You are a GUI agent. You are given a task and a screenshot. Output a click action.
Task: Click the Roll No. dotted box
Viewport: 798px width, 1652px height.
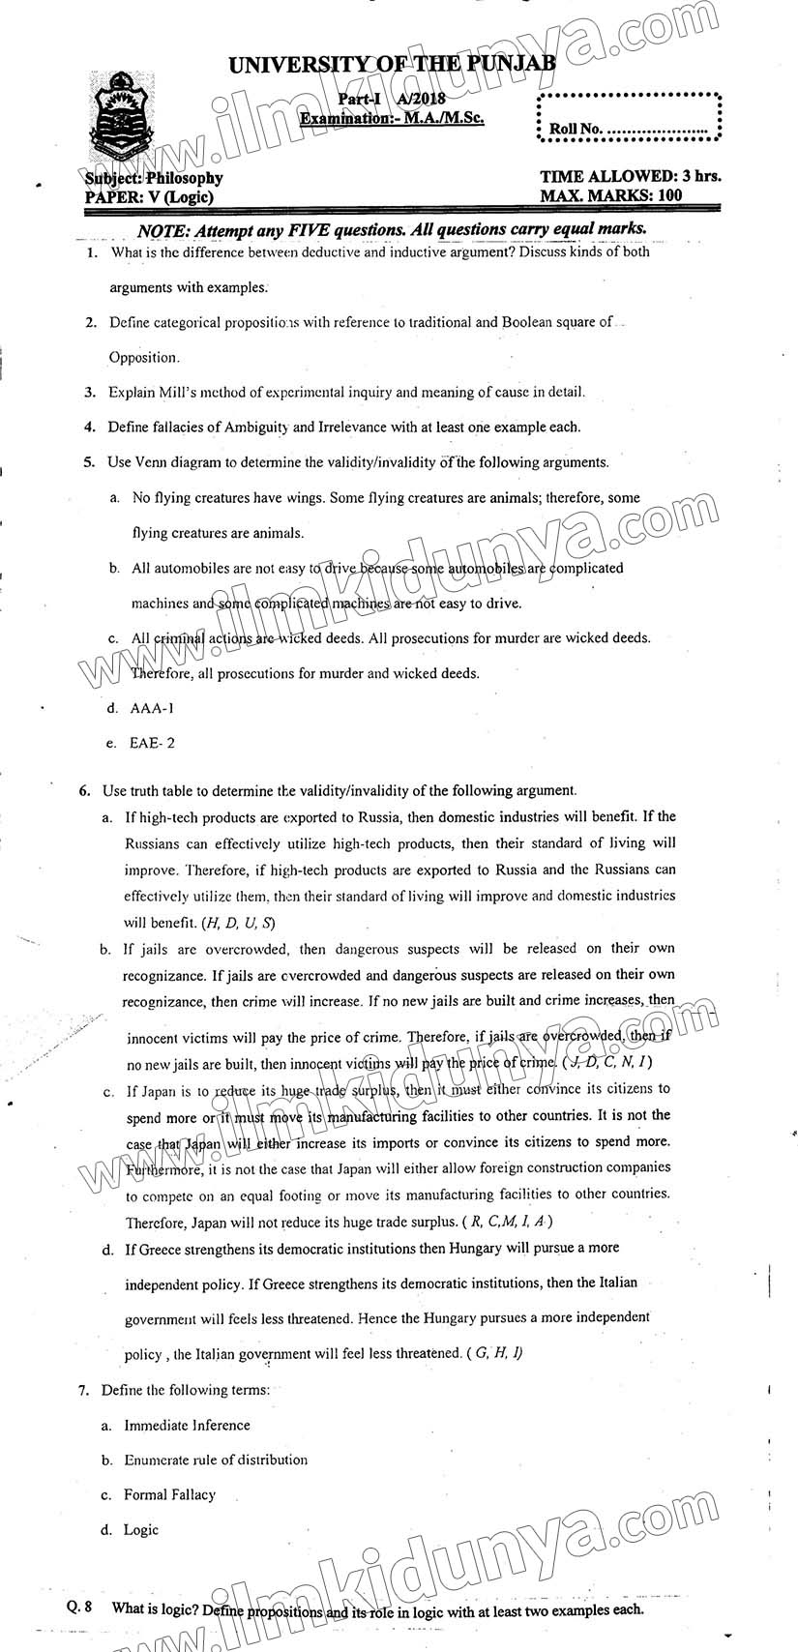click(x=629, y=118)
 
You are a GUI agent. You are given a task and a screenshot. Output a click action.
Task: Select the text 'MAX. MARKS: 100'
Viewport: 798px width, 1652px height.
click(x=611, y=195)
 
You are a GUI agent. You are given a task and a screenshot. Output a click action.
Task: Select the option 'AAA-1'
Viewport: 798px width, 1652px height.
click(x=153, y=708)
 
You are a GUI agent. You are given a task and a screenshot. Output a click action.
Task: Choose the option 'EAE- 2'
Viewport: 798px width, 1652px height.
click(x=153, y=744)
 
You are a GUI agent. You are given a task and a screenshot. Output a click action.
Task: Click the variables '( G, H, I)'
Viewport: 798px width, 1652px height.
click(x=494, y=1352)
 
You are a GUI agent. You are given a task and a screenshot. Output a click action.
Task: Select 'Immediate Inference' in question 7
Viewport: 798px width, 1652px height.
click(x=187, y=1425)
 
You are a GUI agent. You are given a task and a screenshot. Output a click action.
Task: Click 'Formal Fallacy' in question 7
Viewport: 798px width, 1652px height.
click(x=169, y=1494)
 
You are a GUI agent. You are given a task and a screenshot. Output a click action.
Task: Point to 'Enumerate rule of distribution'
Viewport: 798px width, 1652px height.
click(x=216, y=1460)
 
